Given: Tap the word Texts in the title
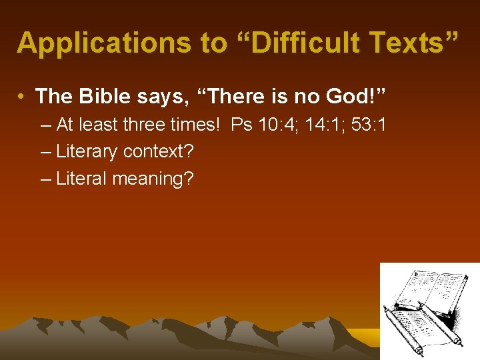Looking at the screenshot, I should tap(413, 43).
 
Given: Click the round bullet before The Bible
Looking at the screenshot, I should tap(23, 97).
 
